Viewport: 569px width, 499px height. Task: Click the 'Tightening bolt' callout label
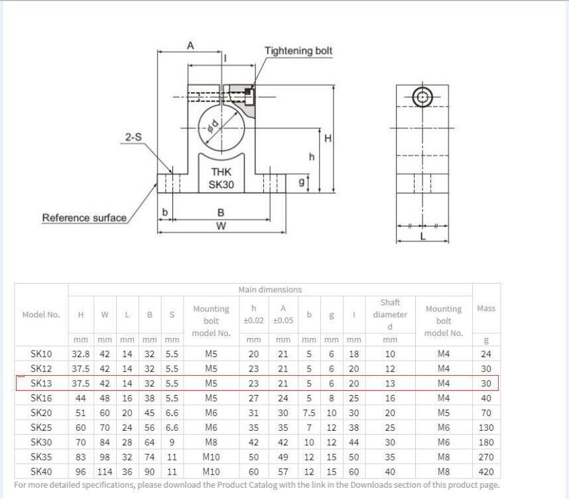tap(298, 51)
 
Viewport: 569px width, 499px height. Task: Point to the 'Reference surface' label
tap(84, 217)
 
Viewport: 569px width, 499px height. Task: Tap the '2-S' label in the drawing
tap(133, 137)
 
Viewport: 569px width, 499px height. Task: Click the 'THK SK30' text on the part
tap(221, 178)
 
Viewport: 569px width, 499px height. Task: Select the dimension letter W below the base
tap(221, 226)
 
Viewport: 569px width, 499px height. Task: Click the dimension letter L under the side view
tap(423, 235)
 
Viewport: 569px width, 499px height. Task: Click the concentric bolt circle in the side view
tap(422, 97)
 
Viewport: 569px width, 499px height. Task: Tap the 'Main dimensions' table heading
tap(270, 290)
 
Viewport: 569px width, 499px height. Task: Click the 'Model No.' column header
tap(41, 315)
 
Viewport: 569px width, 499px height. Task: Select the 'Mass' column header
tap(485, 308)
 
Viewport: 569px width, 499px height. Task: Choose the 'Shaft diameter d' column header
tap(390, 315)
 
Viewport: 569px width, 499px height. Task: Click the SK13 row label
tap(41, 383)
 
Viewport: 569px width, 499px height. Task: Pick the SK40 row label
tap(41, 471)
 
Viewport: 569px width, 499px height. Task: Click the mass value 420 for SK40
tap(485, 471)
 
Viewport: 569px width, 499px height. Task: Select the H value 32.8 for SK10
tap(80, 354)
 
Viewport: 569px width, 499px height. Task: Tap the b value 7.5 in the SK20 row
tap(308, 412)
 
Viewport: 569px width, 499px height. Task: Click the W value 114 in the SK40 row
tap(104, 471)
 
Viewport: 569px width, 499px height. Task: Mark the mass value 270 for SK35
tap(485, 457)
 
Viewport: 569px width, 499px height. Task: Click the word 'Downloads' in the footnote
tap(363, 484)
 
